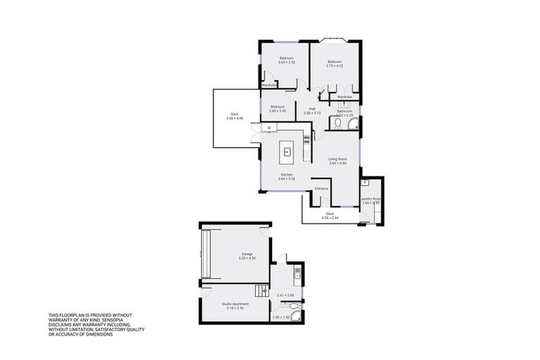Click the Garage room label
(246, 254)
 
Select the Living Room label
(338, 159)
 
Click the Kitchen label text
(286, 174)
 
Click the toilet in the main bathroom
(337, 123)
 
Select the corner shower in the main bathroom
(352, 124)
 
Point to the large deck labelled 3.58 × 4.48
(234, 117)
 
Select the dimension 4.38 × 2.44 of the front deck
(330, 218)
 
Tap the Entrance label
(322, 188)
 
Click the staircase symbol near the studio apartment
(262, 290)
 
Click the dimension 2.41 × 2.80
(285, 295)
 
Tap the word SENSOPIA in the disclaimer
(122, 320)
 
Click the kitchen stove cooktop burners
(307, 139)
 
